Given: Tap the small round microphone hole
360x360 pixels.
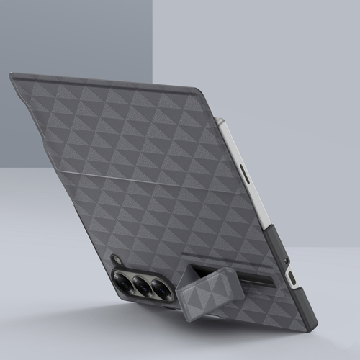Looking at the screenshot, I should click(x=287, y=259).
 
